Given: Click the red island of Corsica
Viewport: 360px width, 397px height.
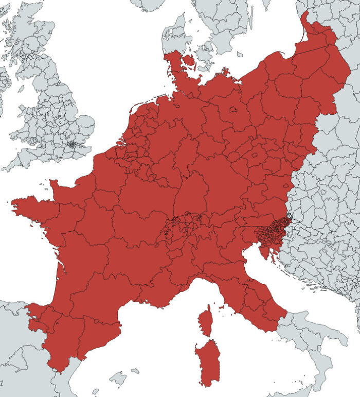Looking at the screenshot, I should pyautogui.click(x=205, y=322).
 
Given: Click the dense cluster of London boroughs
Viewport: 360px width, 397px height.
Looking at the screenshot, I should pyautogui.click(x=73, y=145).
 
